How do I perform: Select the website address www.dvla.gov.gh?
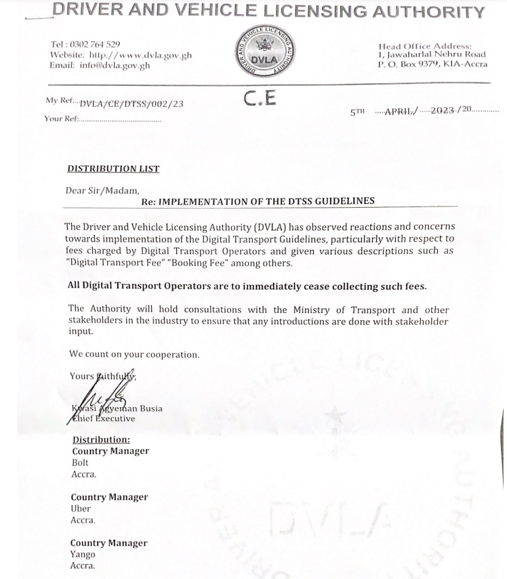[140, 55]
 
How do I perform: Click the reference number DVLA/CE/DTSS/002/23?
[131, 104]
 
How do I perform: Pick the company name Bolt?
[80, 463]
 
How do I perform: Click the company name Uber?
[81, 508]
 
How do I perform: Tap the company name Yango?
[83, 554]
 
